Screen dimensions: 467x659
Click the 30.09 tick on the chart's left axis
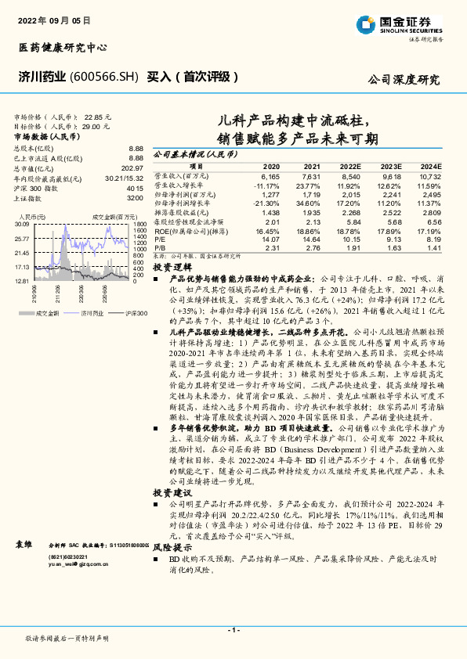click(21, 224)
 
